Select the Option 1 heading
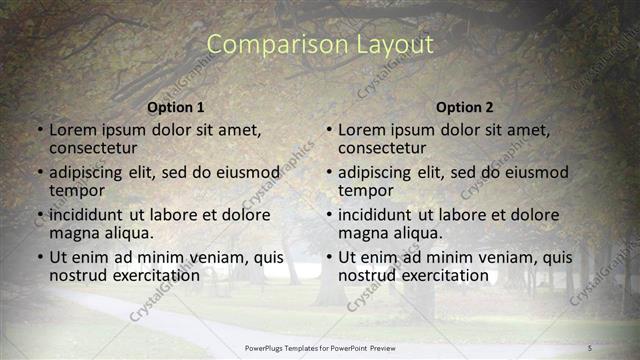tap(176, 107)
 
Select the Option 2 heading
tap(465, 107)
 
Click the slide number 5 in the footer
tap(590, 347)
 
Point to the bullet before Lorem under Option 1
tap(40, 130)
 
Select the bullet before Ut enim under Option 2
tap(329, 257)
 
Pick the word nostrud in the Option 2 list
tap(369, 275)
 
